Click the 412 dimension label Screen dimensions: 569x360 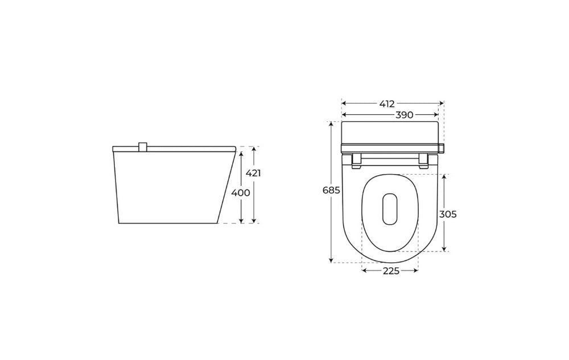387,104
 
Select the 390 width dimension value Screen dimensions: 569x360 404,115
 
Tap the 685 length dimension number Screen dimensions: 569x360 331,190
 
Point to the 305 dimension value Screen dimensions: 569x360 448,214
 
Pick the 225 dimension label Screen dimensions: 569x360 391,271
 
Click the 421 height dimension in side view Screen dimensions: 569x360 253,173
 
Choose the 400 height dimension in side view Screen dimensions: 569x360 241,193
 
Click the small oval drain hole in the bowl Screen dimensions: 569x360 390,209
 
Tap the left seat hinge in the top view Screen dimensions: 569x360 357,161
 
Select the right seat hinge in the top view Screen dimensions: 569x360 423,161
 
